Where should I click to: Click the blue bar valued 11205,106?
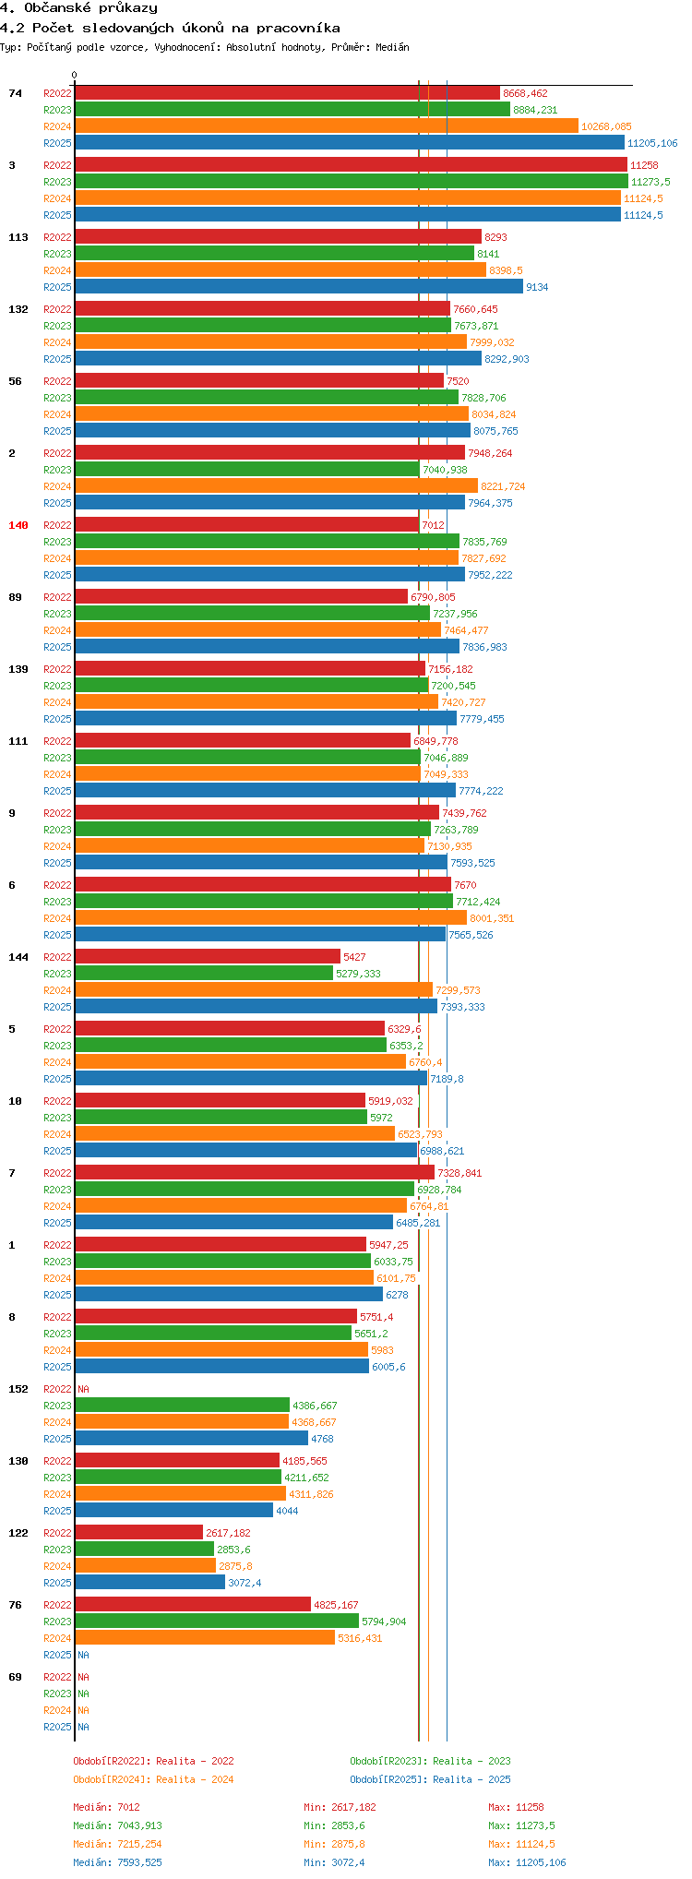[x=350, y=143]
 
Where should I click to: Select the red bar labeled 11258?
[x=351, y=165]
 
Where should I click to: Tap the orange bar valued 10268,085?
[x=327, y=126]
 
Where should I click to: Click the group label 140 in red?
[x=18, y=525]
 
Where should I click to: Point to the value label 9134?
[x=537, y=287]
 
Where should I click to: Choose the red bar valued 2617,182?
[x=138, y=1533]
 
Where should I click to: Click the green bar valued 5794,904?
[x=217, y=1622]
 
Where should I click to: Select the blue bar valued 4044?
[x=174, y=1511]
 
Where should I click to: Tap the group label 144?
[x=18, y=957]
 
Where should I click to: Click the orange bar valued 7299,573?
[x=254, y=990]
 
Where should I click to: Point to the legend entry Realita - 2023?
[x=430, y=1761]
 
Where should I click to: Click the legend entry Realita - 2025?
[x=430, y=1779]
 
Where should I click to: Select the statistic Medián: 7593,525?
[x=117, y=1862]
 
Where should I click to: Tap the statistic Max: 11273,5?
[x=521, y=1825]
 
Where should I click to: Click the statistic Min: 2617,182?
[x=340, y=1807]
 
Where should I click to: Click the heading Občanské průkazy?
[x=78, y=8]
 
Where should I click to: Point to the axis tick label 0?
[x=75, y=76]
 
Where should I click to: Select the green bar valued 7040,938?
[x=247, y=470]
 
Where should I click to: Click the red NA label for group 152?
[x=83, y=1389]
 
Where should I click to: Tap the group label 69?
[x=16, y=1677]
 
